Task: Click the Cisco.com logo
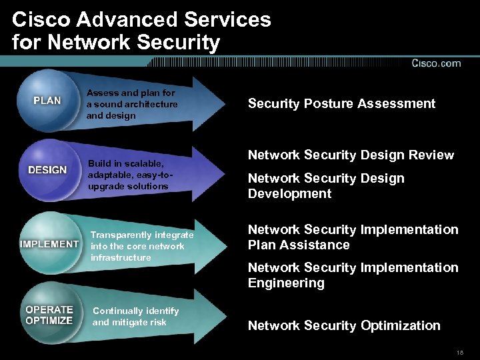[436, 63]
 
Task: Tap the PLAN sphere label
[47, 101]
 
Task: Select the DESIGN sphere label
[47, 169]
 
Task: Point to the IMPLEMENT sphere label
[49, 244]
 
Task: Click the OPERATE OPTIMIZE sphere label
[49, 315]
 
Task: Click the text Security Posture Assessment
[341, 103]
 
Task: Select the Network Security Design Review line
[351, 155]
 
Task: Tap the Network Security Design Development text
[326, 186]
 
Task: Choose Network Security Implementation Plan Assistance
[353, 237]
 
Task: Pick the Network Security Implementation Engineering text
[353, 275]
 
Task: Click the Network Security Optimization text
[344, 326]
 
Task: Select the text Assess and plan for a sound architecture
[132, 104]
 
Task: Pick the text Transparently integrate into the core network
[142, 246]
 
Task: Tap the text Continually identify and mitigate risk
[135, 317]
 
